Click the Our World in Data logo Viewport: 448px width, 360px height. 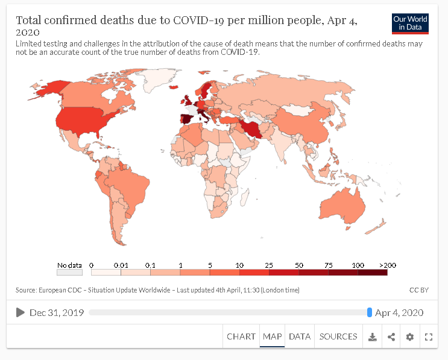[410, 24]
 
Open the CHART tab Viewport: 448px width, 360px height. [241, 336]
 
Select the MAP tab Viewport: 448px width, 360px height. [273, 336]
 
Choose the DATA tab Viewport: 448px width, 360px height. [300, 336]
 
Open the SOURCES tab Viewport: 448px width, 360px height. [338, 336]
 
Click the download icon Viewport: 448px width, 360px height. [373, 337]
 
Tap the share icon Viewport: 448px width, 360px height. [391, 337]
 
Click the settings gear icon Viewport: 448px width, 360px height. [410, 337]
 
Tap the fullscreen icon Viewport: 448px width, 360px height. [429, 337]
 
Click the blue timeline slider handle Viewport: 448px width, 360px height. [370, 312]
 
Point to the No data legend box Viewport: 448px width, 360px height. [69, 273]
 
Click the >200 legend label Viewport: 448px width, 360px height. [387, 265]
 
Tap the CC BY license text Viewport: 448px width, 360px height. [418, 290]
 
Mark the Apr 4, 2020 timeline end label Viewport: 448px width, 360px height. [399, 312]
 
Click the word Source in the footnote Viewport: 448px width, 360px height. [26, 290]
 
